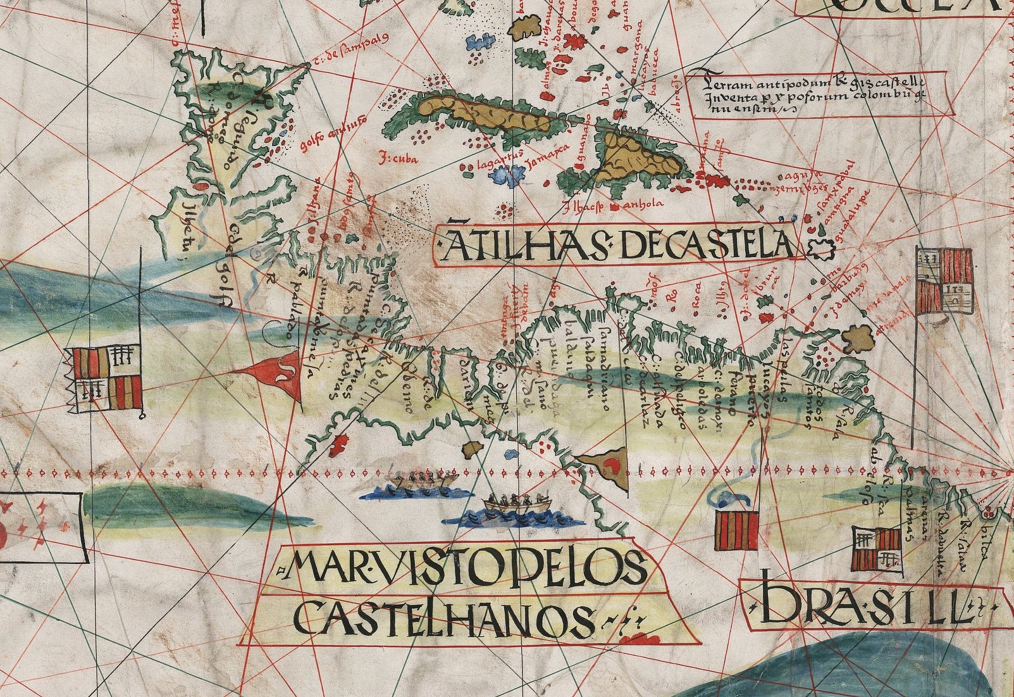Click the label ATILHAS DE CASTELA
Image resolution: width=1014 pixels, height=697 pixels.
[617, 244]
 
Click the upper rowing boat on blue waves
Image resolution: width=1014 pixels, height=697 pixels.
[423, 484]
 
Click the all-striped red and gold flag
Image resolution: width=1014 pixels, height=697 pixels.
[736, 531]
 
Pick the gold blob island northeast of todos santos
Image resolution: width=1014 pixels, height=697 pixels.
[858, 339]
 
